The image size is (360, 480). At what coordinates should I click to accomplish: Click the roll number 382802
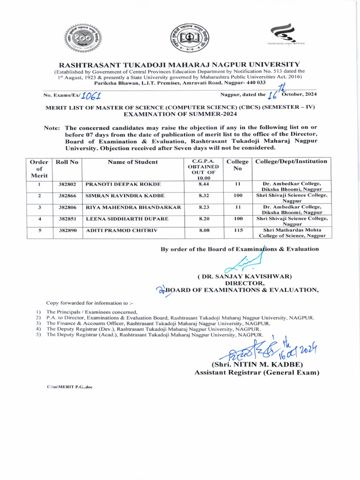click(x=67, y=184)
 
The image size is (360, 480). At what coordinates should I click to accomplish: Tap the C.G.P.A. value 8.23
click(x=203, y=207)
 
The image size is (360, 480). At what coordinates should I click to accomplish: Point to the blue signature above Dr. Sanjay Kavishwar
click(x=241, y=265)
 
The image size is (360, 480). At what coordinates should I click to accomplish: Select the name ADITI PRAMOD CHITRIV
click(x=115, y=231)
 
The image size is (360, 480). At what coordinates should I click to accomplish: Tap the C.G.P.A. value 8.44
click(x=203, y=184)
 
